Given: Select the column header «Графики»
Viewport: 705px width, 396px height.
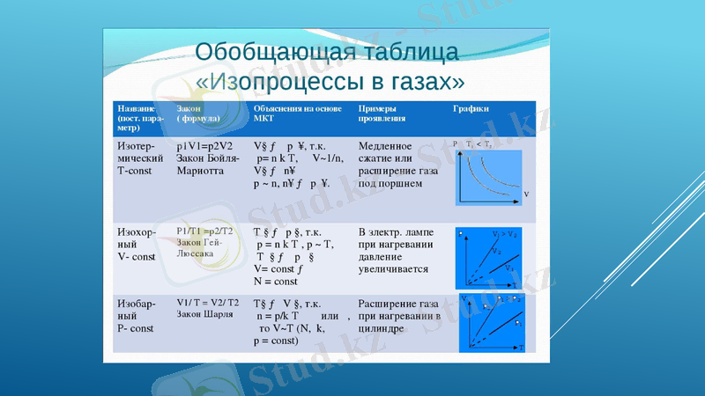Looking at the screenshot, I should pos(471,108).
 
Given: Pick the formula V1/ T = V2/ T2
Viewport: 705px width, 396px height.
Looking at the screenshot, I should pos(207,301).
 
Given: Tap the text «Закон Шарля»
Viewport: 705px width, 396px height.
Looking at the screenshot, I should pos(204,313).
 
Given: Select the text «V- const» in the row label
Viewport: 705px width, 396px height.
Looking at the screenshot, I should pos(137,257).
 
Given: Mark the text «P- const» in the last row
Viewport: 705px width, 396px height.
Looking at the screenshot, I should pos(136,327).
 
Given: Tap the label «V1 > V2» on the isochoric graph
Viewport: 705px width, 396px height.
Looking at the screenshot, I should pos(504,234).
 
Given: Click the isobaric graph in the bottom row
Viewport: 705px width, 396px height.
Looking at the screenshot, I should pos(492,324).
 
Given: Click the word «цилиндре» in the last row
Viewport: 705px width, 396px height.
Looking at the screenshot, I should pos(382,327).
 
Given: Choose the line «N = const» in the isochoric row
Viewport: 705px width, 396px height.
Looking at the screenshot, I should pos(276,282).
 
